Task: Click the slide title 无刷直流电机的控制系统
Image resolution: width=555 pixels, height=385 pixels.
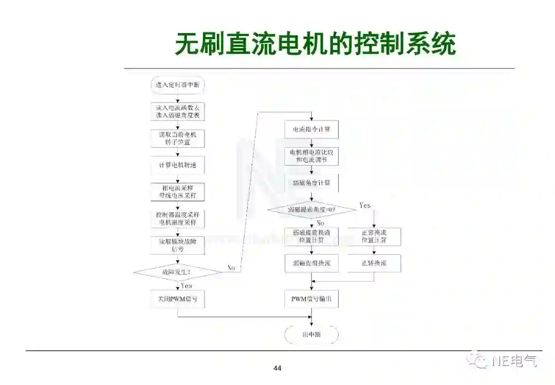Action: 315,44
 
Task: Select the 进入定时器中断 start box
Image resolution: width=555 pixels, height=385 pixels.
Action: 177,85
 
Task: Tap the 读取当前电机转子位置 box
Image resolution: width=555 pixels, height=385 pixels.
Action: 177,137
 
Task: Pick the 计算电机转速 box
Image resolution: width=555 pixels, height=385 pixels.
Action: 177,166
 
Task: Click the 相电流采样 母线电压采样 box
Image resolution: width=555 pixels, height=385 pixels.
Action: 177,191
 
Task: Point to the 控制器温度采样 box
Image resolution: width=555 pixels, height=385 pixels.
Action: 177,218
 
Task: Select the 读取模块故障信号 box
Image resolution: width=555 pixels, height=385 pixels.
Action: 177,245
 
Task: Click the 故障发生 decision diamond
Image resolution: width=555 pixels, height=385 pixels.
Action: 177,271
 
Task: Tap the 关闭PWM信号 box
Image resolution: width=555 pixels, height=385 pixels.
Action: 177,299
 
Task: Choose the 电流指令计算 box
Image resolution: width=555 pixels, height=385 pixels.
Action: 311,129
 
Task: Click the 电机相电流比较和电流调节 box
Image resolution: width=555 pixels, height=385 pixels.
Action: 311,156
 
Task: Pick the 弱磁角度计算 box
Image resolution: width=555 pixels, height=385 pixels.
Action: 311,183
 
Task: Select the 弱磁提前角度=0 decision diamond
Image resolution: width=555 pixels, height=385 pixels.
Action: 311,209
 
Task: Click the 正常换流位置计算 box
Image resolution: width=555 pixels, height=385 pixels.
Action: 374,236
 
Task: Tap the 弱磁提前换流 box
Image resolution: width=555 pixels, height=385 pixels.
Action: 311,263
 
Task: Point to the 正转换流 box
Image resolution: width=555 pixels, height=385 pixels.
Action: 374,263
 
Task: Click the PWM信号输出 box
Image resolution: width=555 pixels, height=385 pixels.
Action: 311,299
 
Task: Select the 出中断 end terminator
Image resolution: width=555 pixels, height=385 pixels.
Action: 311,335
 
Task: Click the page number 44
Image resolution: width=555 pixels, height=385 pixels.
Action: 277,368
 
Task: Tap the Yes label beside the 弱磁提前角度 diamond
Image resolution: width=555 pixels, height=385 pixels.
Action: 364,205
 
